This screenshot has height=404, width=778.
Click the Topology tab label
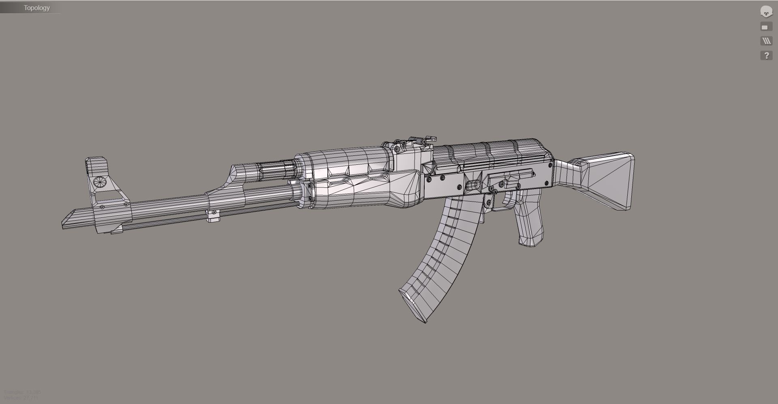36,8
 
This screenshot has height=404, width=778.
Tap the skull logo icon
766,12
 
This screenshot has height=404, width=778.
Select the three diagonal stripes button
766,41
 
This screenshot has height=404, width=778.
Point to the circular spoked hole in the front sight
100,182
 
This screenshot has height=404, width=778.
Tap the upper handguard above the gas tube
344,162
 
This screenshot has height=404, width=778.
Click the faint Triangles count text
22,392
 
